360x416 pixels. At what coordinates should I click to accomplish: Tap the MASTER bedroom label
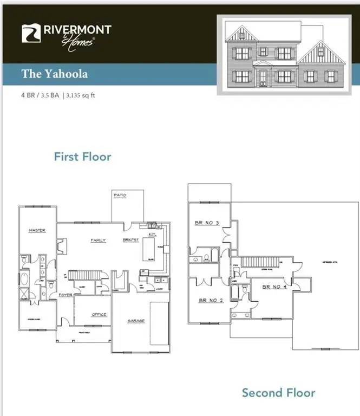click(37, 231)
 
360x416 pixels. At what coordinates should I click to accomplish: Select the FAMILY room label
click(98, 240)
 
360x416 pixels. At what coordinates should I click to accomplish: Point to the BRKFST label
click(130, 240)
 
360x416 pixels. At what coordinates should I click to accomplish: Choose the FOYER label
click(66, 295)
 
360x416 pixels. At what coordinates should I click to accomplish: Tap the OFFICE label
click(99, 314)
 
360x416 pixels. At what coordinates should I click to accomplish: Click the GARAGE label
click(136, 321)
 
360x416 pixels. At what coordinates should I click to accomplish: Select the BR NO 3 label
click(206, 223)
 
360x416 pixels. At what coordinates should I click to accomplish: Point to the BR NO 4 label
click(274, 286)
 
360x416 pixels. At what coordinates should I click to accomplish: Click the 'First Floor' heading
click(82, 157)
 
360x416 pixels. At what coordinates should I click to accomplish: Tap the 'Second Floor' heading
click(278, 393)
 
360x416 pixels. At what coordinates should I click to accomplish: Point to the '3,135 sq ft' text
click(82, 95)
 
